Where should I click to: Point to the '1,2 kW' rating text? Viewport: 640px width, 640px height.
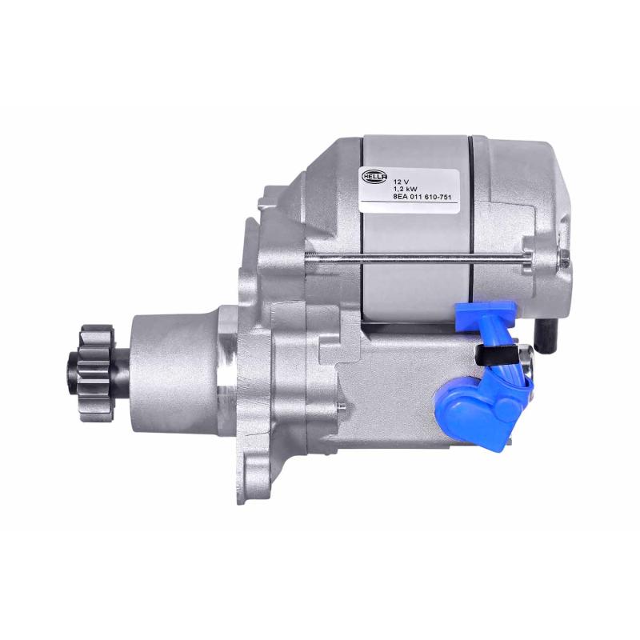click(x=402, y=188)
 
